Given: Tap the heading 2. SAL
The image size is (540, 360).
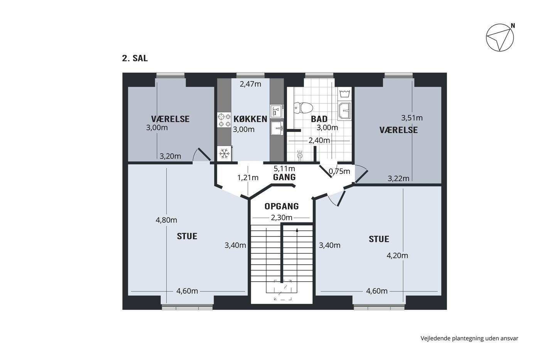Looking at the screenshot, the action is tap(135, 58).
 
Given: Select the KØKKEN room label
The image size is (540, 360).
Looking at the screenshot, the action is tap(250, 119).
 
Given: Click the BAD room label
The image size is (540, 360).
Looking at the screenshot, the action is tap(319, 119).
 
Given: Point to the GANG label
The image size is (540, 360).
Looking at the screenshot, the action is tap(284, 177).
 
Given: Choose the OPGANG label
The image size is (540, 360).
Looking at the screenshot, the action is tap(282, 206).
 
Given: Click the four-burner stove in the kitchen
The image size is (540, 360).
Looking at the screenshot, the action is tap(224, 120).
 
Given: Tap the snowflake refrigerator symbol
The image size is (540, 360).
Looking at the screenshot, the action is tap(224, 153).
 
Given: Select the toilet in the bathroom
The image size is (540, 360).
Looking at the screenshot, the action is tap(303, 108).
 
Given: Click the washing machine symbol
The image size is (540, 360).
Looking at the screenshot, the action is tap(344, 93).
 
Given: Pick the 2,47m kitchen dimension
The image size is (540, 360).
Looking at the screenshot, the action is tap(250, 84).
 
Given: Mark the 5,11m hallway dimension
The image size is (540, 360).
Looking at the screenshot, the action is tap(284, 168).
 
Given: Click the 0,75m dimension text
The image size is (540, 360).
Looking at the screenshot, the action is tap(339, 171).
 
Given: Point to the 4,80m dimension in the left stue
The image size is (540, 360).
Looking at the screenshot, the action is tap(166, 220).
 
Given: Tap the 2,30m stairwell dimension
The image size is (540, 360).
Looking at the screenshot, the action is tap(282, 218).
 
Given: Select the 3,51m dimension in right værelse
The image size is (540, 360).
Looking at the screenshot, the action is tap(412, 118).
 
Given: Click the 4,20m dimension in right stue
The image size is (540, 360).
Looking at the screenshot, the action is tap(397, 255).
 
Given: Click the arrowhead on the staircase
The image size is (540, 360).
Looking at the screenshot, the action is tap(297, 230).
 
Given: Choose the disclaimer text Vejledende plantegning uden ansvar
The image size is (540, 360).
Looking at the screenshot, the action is tap(469, 338).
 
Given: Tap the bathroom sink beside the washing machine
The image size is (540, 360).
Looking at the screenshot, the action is tap(344, 111).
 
